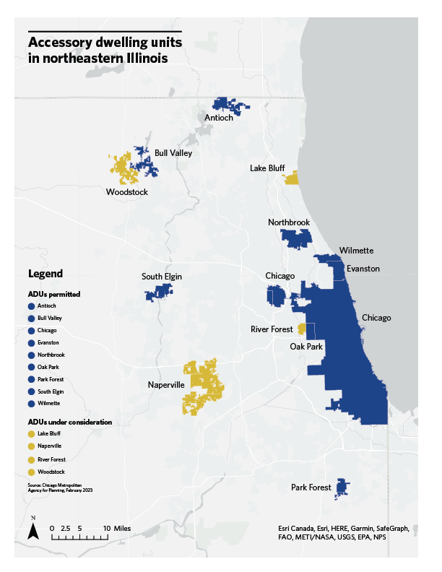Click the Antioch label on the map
(x=219, y=117)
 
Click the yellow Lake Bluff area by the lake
(x=292, y=178)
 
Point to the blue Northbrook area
(x=295, y=238)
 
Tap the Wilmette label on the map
(x=356, y=251)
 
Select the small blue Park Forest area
(x=342, y=488)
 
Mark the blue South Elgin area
(x=159, y=292)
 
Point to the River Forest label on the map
(x=272, y=329)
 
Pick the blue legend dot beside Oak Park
(x=31, y=367)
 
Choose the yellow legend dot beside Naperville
(x=31, y=446)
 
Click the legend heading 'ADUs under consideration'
(x=69, y=421)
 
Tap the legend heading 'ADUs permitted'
(x=53, y=295)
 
